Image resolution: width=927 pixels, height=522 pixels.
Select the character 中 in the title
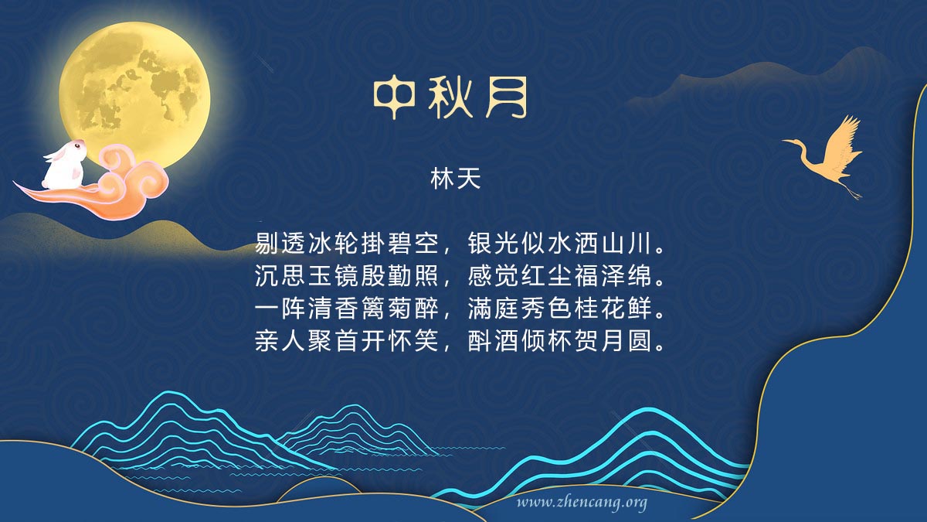pos(394,97)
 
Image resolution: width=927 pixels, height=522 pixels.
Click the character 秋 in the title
pos(450,97)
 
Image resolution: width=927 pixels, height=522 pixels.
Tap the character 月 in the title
pos(507,97)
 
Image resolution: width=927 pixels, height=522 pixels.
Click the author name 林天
pos(455,179)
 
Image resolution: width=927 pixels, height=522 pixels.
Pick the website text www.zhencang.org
pos(582,503)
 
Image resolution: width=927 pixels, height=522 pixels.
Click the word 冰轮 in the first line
pos(334,243)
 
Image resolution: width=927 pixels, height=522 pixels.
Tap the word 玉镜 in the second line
pos(334,276)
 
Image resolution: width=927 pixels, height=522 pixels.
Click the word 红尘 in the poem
pos(547,276)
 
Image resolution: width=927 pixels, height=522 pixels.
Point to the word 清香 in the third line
pos(334,309)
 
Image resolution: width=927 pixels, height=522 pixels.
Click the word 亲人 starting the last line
pos(280,341)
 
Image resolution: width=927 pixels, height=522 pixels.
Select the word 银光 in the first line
pos(494,243)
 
